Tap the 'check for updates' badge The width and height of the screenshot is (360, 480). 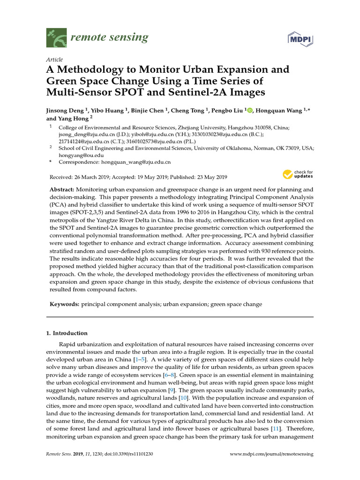click(x=298, y=175)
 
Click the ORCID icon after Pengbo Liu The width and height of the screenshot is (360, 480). click(x=249, y=111)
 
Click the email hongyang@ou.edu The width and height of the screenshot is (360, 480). click(x=81, y=155)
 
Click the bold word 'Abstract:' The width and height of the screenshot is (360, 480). click(x=63, y=189)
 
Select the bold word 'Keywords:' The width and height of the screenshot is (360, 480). click(x=65, y=304)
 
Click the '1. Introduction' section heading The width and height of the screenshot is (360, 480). click(x=67, y=333)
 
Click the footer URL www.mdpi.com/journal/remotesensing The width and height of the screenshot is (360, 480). click(x=272, y=454)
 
